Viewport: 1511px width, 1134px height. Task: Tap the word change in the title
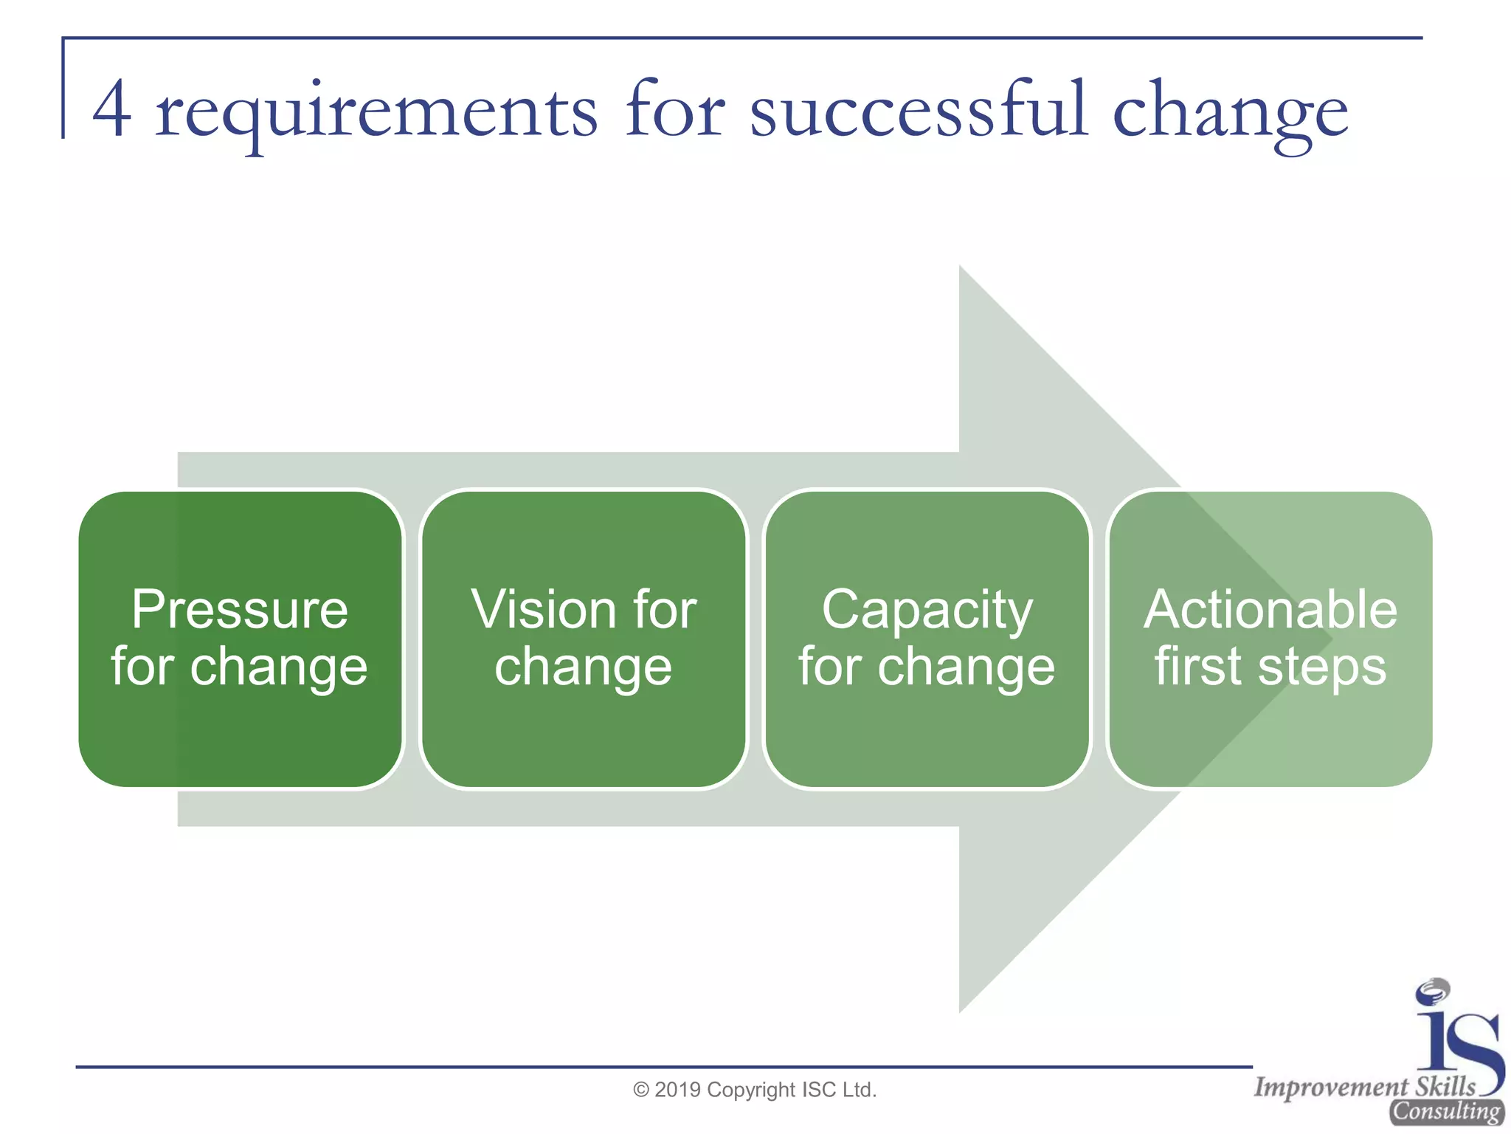point(1230,112)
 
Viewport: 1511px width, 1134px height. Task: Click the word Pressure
point(240,610)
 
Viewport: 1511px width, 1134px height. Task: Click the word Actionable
point(1270,610)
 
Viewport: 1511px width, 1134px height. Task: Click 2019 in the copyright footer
point(677,1090)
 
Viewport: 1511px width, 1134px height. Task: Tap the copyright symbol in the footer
point(641,1090)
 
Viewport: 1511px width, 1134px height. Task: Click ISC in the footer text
point(818,1090)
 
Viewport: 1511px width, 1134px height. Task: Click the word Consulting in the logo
point(1446,1111)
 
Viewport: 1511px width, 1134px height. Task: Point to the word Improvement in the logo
point(1331,1087)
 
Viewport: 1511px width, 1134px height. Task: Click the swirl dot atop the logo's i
point(1433,992)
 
